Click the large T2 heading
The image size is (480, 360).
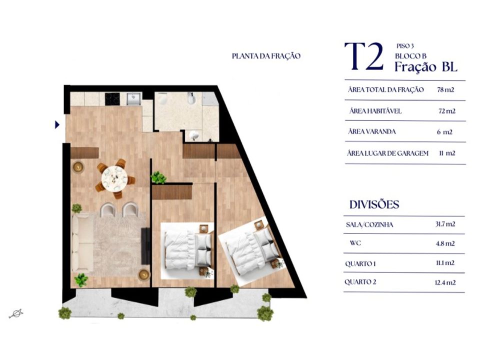(364, 56)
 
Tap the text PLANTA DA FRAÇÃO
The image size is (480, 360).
(266, 56)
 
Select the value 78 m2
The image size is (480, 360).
(445, 89)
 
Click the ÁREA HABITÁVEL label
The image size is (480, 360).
(375, 111)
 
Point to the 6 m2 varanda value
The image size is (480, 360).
(444, 132)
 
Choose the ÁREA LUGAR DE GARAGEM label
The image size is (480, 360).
(387, 153)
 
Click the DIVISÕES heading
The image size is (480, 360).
(374, 204)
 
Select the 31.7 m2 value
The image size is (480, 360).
(445, 224)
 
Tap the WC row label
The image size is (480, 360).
(355, 243)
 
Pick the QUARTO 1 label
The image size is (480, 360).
(360, 263)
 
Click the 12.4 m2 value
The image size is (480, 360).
(445, 282)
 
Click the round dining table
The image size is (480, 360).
(114, 178)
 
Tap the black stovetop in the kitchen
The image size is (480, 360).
(112, 99)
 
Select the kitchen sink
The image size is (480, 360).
(134, 99)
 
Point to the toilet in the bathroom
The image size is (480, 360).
(162, 98)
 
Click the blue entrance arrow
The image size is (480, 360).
(57, 124)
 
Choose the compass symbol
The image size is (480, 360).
(16, 314)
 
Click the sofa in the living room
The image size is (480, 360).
(82, 243)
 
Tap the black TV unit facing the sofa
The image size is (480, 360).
(145, 246)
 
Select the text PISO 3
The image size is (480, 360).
(405, 46)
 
